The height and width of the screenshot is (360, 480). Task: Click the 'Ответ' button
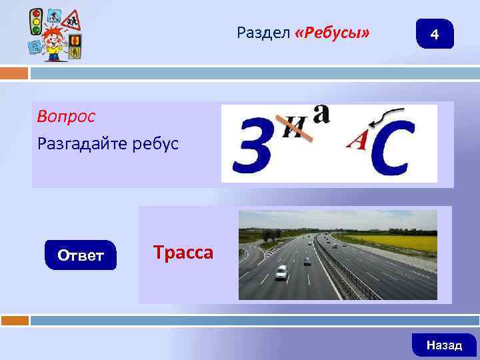click(80, 255)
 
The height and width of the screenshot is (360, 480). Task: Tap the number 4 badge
click(435, 34)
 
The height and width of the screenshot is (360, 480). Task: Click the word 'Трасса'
click(183, 253)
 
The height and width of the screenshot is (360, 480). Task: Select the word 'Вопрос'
click(66, 117)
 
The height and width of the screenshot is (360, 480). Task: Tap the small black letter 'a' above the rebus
click(322, 113)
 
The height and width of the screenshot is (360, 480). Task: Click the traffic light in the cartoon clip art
click(37, 22)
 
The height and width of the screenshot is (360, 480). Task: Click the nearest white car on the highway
click(282, 272)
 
